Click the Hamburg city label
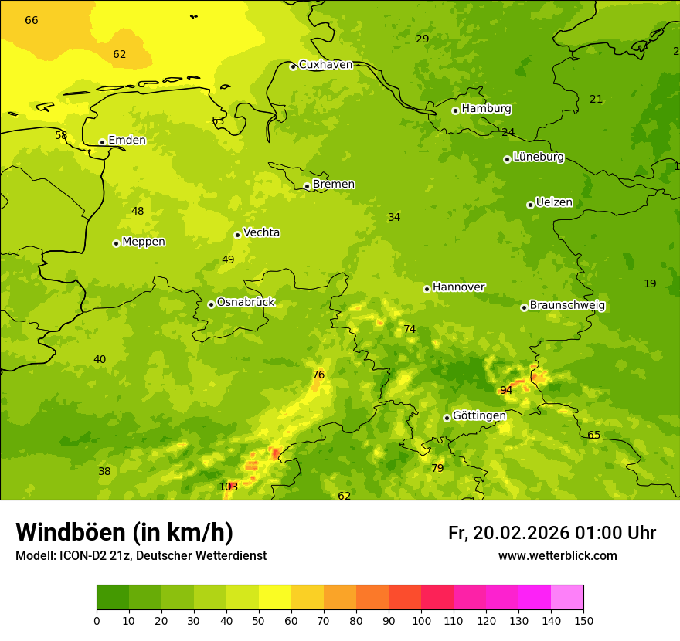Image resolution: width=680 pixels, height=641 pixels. pyautogui.click(x=486, y=109)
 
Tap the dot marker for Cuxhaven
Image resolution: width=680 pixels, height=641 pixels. pyautogui.click(x=293, y=66)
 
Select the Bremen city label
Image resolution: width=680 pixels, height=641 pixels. pyautogui.click(x=334, y=185)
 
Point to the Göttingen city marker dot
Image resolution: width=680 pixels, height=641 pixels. pyautogui.click(x=447, y=418)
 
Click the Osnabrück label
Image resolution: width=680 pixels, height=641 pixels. pyautogui.click(x=246, y=303)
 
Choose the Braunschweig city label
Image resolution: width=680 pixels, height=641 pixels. pyautogui.click(x=567, y=306)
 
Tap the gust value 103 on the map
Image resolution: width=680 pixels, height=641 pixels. pyautogui.click(x=229, y=487)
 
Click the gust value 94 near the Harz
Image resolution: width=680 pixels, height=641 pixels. pyautogui.click(x=506, y=391)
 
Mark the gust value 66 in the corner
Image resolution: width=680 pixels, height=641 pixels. pyautogui.click(x=32, y=20)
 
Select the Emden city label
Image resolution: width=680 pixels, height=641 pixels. pyautogui.click(x=127, y=141)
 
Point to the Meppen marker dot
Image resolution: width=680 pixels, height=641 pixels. pyautogui.click(x=116, y=243)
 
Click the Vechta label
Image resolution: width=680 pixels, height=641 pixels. pyautogui.click(x=261, y=233)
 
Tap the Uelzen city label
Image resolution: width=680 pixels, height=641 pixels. pyautogui.click(x=554, y=203)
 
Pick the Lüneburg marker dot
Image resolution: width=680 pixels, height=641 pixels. pyautogui.click(x=507, y=159)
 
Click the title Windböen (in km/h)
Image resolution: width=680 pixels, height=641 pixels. pyautogui.click(x=124, y=532)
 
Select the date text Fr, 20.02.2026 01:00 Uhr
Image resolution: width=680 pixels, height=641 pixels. pyautogui.click(x=552, y=533)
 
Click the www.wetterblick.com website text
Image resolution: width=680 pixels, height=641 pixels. pyautogui.click(x=557, y=556)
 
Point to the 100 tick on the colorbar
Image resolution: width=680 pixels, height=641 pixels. pyautogui.click(x=421, y=620)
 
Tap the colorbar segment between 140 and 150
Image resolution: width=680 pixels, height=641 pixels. pyautogui.click(x=567, y=598)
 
